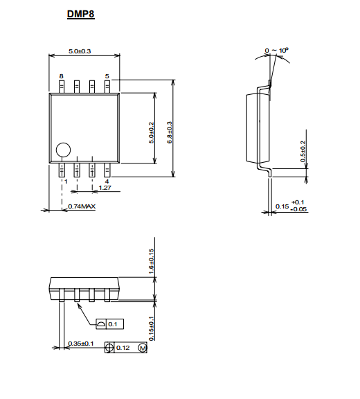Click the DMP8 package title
click(81, 14)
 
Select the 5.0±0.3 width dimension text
click(80, 51)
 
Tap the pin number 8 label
click(62, 76)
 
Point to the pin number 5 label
click(107, 76)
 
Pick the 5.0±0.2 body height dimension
click(152, 132)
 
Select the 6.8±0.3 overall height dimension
click(170, 132)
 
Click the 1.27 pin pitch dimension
click(105, 188)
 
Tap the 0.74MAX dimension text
click(82, 206)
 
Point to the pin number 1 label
click(66, 181)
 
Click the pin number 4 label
click(107, 181)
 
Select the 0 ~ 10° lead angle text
click(277, 51)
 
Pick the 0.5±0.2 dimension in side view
click(303, 152)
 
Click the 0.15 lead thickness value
click(282, 206)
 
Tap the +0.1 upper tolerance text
click(298, 202)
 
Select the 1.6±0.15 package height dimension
click(152, 262)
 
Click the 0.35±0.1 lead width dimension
click(81, 344)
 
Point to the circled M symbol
click(143, 348)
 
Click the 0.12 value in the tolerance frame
click(123, 348)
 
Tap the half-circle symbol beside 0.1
click(101, 324)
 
